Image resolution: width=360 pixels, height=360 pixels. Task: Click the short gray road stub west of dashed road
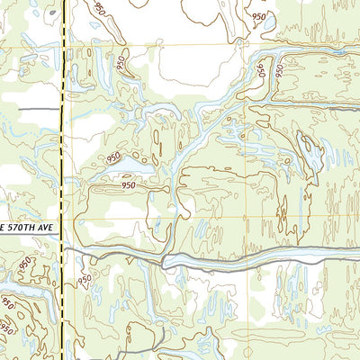point(27,109)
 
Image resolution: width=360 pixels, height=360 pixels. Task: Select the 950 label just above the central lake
point(113,158)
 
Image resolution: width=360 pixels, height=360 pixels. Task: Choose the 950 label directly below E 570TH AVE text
point(24,263)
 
